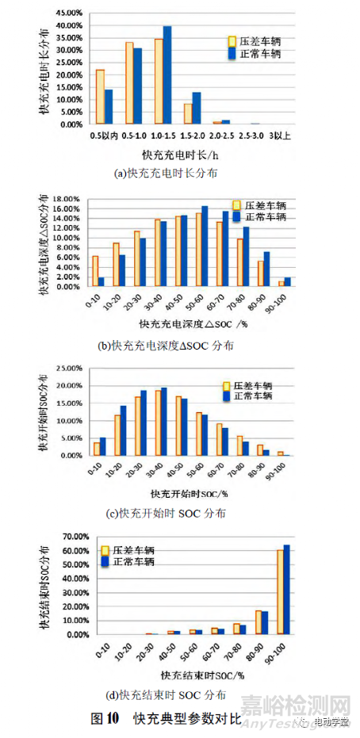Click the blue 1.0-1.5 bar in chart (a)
coord(167,75)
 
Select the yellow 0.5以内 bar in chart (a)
coord(100,97)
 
